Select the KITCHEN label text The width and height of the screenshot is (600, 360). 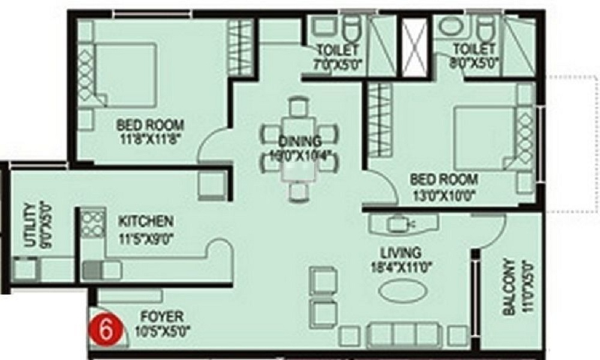click(x=145, y=221)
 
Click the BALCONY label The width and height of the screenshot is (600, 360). click(x=509, y=287)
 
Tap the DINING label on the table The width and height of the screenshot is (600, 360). click(x=299, y=142)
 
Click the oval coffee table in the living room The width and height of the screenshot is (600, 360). click(x=403, y=291)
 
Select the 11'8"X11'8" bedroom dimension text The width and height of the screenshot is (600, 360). click(x=149, y=138)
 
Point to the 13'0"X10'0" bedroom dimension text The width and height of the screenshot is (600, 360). click(x=444, y=193)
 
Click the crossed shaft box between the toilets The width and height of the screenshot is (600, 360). click(x=413, y=48)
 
